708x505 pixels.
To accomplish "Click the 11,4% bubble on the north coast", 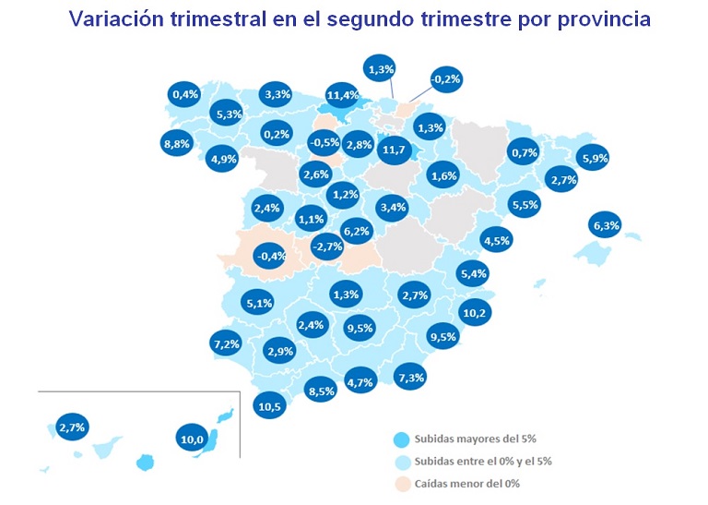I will click(342, 94).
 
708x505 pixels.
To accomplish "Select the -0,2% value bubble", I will click(446, 80).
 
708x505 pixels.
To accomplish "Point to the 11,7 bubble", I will click(394, 150).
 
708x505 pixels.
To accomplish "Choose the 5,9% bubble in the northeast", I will click(595, 158).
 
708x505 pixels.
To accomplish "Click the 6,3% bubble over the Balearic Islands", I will click(606, 224).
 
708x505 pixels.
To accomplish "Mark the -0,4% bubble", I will click(270, 256).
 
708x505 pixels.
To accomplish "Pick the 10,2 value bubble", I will click(475, 313).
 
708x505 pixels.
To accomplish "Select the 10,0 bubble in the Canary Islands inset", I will click(192, 439).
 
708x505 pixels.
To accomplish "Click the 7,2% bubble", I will click(227, 344).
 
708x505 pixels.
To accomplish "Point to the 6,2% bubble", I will click(356, 231).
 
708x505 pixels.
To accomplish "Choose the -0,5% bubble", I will click(324, 143).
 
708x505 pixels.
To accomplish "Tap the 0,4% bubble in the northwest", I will click(185, 93).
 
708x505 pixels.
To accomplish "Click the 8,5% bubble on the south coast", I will click(322, 391).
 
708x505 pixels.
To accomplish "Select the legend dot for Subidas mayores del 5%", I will click(400, 439).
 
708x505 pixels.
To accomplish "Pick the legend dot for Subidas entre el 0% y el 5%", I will click(400, 460).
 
